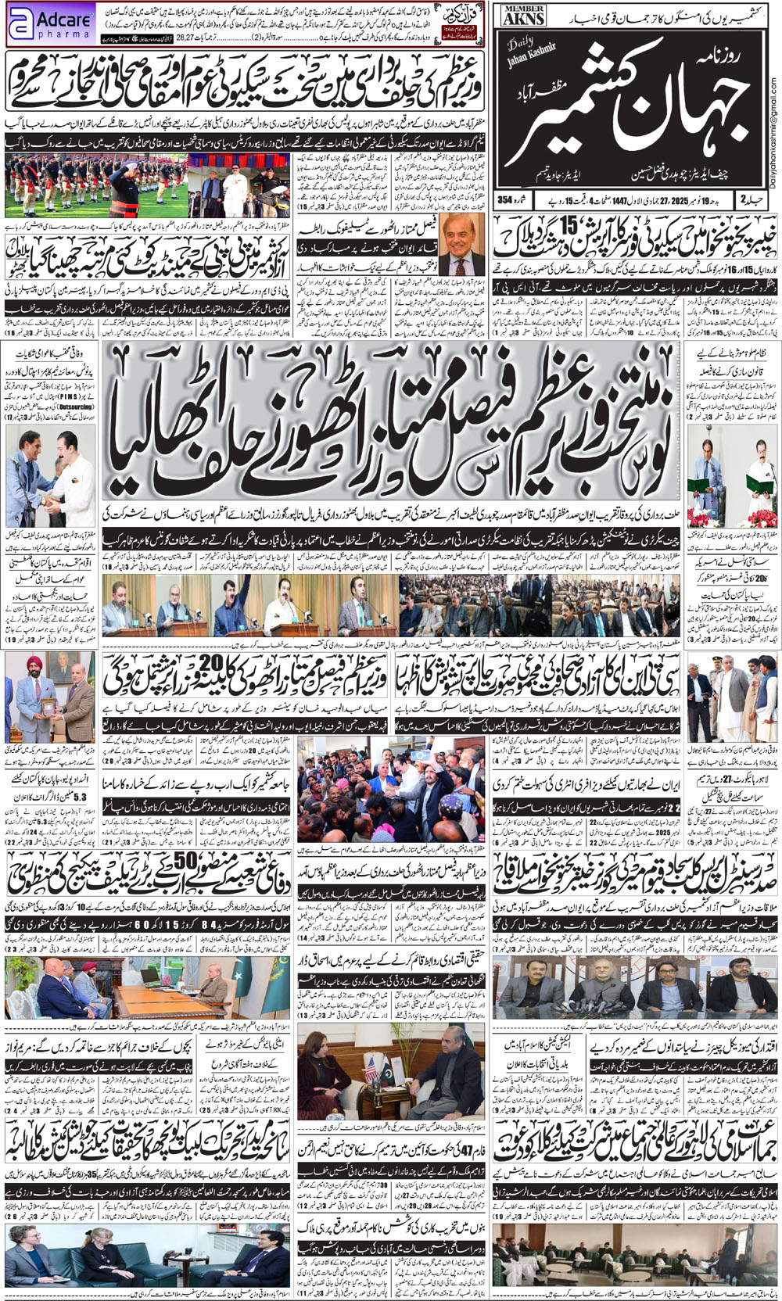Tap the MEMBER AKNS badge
tap(523, 16)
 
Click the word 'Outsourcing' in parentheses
tap(76, 407)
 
